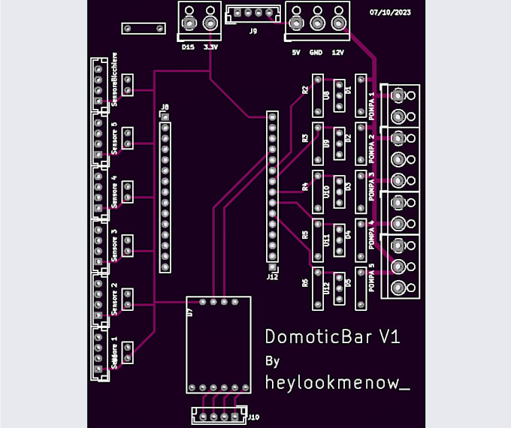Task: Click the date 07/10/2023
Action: click(x=391, y=13)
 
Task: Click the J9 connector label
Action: click(x=253, y=32)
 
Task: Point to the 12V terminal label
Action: click(x=337, y=53)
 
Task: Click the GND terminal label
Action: click(x=316, y=53)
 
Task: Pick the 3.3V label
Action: click(x=211, y=47)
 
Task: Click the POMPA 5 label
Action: click(x=372, y=279)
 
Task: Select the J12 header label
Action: click(x=272, y=276)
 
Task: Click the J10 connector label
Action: click(x=253, y=417)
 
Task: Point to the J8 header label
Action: click(x=165, y=107)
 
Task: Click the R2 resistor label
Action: click(x=305, y=89)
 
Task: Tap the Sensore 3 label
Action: click(x=114, y=245)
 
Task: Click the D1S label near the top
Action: click(x=188, y=47)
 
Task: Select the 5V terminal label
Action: click(x=295, y=53)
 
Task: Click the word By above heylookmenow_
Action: click(x=273, y=361)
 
